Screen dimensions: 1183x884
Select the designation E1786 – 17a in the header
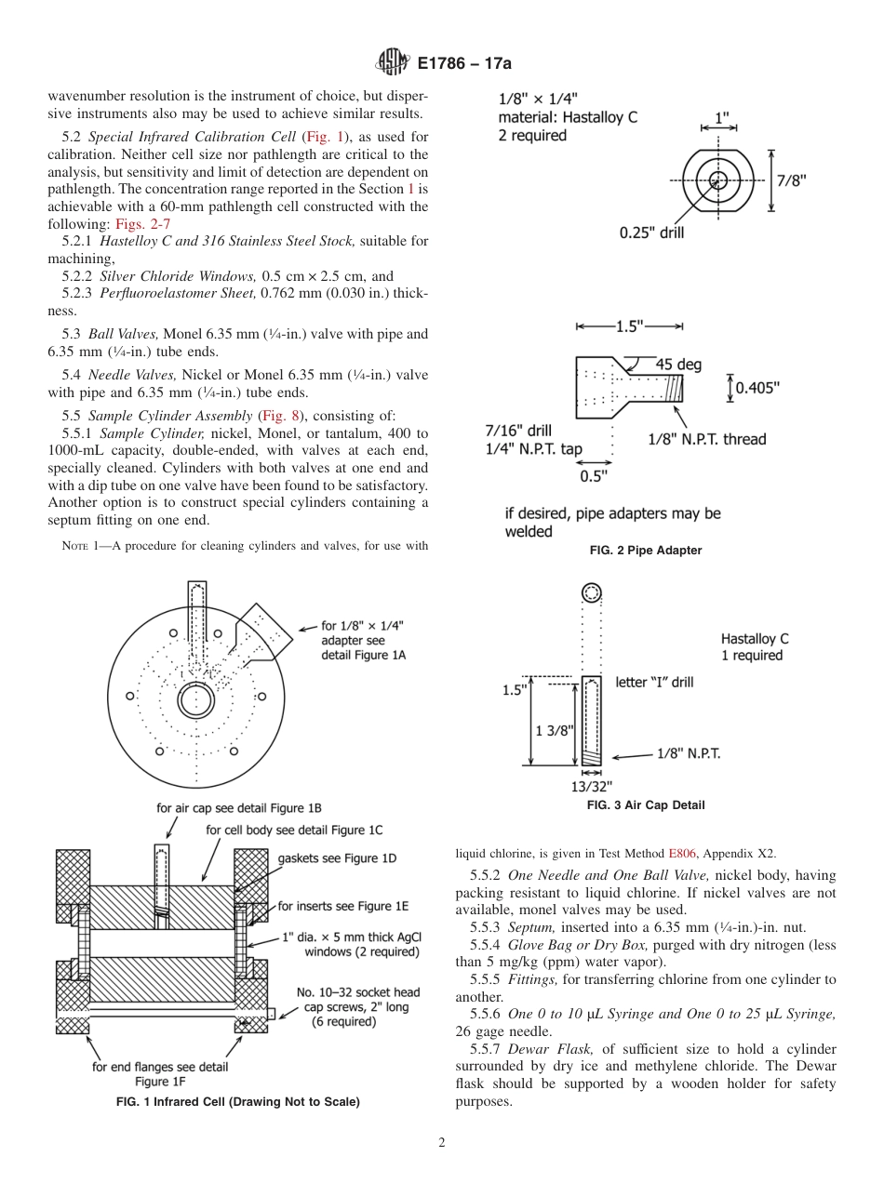pyautogui.click(x=464, y=64)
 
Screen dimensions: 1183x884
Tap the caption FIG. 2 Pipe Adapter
pyautogui.click(x=645, y=551)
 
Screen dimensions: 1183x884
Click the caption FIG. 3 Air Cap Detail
pyautogui.click(x=645, y=805)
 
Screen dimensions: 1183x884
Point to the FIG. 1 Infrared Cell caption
pyautogui.click(x=236, y=1102)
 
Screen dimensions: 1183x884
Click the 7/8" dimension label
pyautogui.click(x=792, y=181)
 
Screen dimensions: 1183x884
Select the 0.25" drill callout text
pyautogui.click(x=651, y=233)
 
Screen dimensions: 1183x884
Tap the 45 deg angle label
pyautogui.click(x=678, y=365)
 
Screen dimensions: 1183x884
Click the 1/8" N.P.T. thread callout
pyautogui.click(x=707, y=439)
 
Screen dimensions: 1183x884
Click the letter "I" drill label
pyautogui.click(x=654, y=682)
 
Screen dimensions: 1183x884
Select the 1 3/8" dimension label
pyautogui.click(x=554, y=730)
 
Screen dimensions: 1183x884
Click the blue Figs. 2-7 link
pyautogui.click(x=142, y=224)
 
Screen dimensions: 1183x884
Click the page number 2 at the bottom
pyautogui.click(x=442, y=1143)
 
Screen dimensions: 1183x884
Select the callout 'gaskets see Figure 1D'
pyautogui.click(x=337, y=858)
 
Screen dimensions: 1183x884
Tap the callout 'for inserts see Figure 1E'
pyautogui.click(x=342, y=906)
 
